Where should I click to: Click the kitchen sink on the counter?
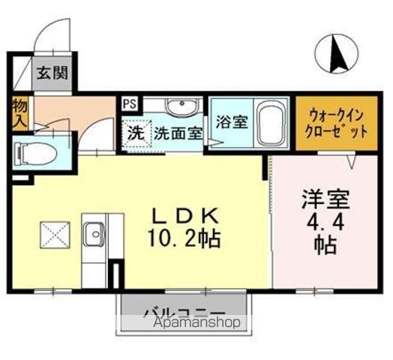[94, 236]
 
